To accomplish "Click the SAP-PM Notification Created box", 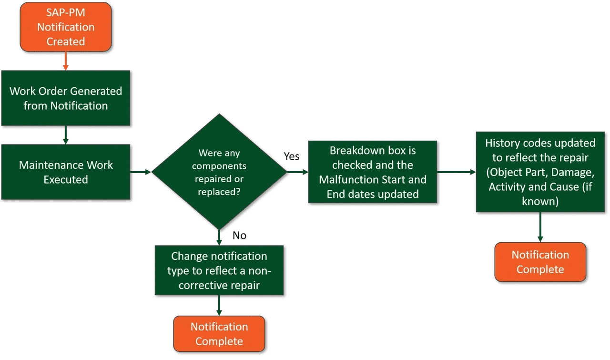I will (66, 27).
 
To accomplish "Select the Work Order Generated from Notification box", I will (66, 98).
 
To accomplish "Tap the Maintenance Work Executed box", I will (66, 172).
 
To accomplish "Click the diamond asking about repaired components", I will (219, 172).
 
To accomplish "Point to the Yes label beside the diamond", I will (292, 156).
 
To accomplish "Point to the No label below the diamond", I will (239, 236).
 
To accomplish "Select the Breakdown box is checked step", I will (373, 172).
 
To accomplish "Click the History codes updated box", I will (540, 172).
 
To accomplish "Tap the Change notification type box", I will (219, 270).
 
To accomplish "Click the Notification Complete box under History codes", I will (540, 262).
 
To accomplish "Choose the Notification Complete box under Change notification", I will (219, 334).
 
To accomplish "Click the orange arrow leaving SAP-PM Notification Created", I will (66, 61).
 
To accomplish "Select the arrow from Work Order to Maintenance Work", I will (66, 135).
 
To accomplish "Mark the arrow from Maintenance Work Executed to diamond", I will (141, 172).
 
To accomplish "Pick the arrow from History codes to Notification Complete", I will (540, 227).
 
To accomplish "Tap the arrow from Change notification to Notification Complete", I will (219, 305).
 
